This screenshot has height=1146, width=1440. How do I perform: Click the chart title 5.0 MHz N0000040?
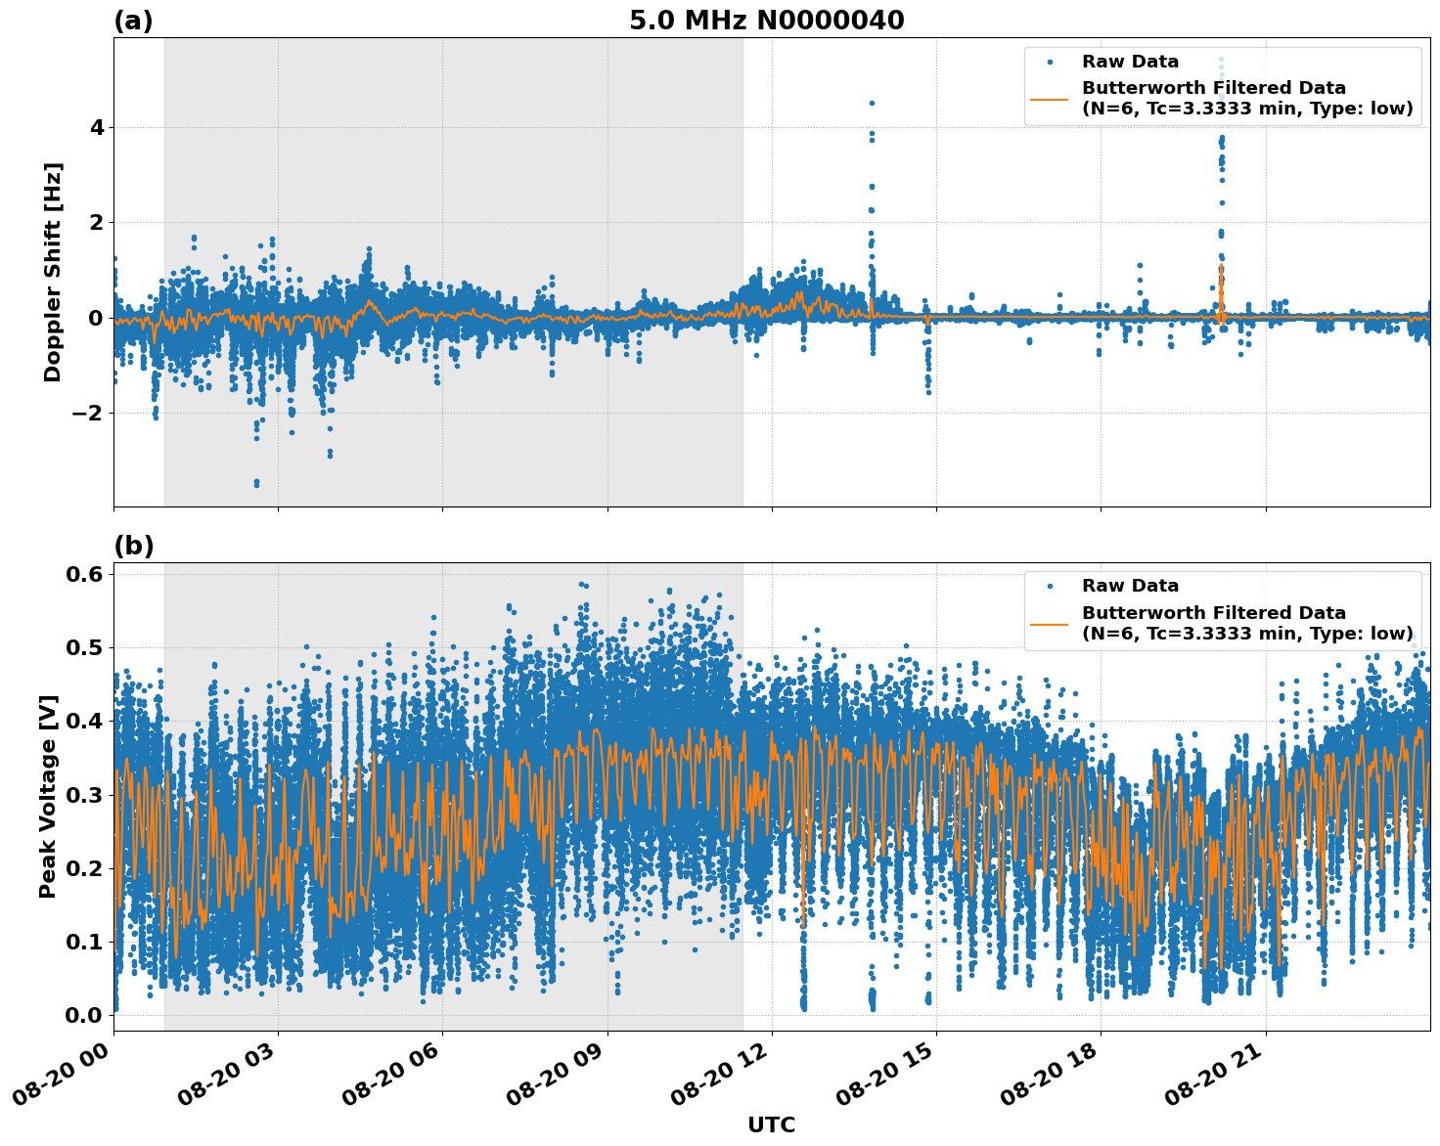pyautogui.click(x=766, y=21)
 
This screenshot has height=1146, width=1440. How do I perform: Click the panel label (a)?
pyautogui.click(x=133, y=21)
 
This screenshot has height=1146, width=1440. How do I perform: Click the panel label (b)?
pyautogui.click(x=133, y=546)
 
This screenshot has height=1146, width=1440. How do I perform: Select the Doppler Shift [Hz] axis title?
pyautogui.click(x=53, y=272)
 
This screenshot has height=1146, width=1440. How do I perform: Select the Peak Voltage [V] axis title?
pyautogui.click(x=48, y=796)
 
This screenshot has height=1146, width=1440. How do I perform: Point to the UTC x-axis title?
pyautogui.click(x=771, y=1124)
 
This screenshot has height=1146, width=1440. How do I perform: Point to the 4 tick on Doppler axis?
pyautogui.click(x=97, y=127)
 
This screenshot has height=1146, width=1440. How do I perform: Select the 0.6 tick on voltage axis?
pyautogui.click(x=84, y=574)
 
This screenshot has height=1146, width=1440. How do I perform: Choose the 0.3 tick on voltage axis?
pyautogui.click(x=84, y=794)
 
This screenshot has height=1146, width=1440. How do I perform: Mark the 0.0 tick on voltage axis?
pyautogui.click(x=84, y=1015)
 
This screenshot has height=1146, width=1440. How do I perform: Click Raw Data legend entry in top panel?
pyautogui.click(x=1130, y=62)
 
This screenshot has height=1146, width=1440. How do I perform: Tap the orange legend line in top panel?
pyautogui.click(x=1050, y=98)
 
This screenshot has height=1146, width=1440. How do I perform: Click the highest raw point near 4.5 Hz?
pyautogui.click(x=872, y=103)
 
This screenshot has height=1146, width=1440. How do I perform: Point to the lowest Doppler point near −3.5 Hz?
pyautogui.click(x=256, y=483)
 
